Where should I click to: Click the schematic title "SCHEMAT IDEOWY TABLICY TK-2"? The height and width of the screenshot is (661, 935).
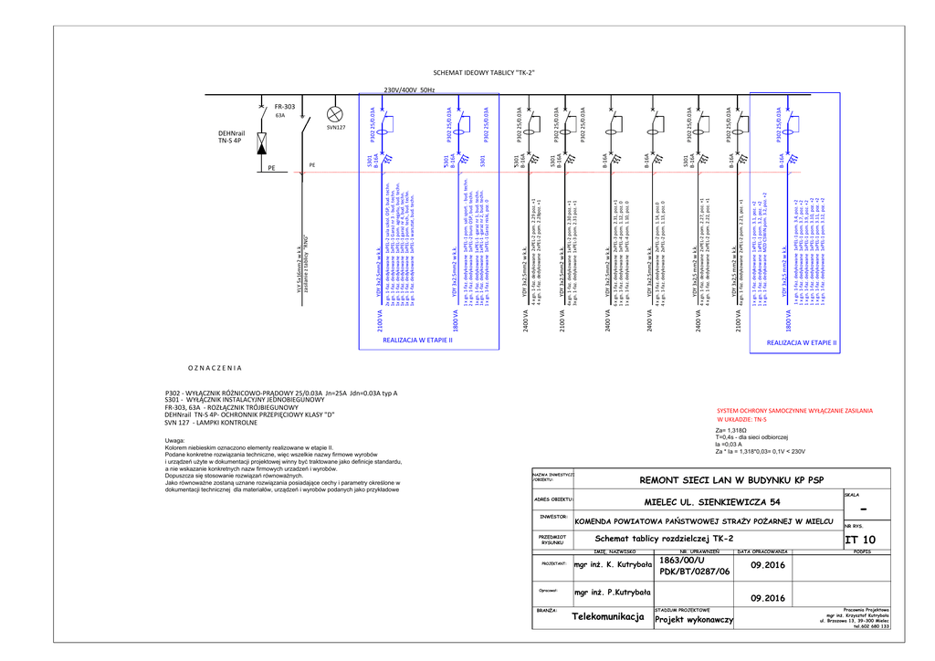pos(483,72)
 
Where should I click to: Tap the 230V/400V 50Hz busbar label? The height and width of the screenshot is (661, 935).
pos(409,89)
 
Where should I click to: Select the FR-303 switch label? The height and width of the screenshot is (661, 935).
pos(285,107)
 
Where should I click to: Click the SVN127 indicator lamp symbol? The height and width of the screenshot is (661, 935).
pos(334,113)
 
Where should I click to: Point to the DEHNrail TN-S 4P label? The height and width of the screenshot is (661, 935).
pos(230,137)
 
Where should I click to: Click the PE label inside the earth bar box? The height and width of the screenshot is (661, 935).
pos(271,168)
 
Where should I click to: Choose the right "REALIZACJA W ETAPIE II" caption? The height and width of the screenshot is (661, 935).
pos(802,343)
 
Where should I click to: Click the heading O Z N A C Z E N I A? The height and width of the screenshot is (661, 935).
pos(215,368)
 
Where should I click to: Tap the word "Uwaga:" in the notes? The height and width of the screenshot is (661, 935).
pos(175,441)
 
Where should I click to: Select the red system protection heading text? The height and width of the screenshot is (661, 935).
pos(794,411)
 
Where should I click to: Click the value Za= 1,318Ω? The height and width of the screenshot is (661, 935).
pos(732,429)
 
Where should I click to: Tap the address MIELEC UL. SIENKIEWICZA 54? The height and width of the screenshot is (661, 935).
pos(712,501)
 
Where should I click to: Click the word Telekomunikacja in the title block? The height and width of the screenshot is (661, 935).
pos(608,616)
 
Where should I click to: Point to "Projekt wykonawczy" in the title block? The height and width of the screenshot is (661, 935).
pos(694,620)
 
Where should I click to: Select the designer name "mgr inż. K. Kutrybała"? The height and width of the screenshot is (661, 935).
pos(613,564)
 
